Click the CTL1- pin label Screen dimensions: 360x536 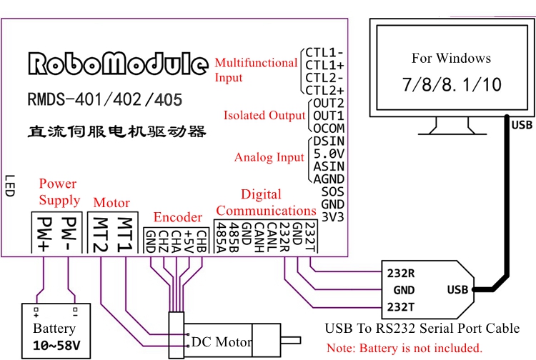pyautogui.click(x=324, y=52)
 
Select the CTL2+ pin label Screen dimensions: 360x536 pyautogui.click(x=324, y=90)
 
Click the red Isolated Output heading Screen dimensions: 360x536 pyautogui.click(x=264, y=116)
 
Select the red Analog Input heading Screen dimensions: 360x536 pyautogui.click(x=269, y=157)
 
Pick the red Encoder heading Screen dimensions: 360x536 pyautogui.click(x=178, y=217)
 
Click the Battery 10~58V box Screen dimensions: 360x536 pyautogui.click(x=55, y=329)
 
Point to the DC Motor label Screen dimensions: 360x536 pyautogui.click(x=222, y=342)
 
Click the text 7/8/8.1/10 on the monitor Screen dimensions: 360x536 pyautogui.click(x=452, y=84)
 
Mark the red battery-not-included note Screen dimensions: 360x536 pyautogui.click(x=405, y=349)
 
